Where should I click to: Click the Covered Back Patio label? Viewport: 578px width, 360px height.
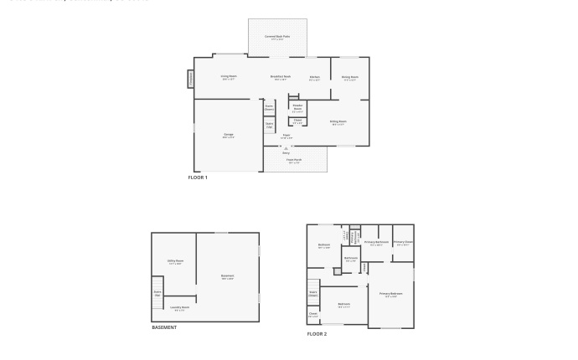[277, 37]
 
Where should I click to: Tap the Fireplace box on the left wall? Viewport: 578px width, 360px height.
[190, 79]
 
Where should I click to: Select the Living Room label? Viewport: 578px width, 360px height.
[229, 77]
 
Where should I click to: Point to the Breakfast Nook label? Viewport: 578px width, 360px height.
[280, 77]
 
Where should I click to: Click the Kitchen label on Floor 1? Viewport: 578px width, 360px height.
[314, 78]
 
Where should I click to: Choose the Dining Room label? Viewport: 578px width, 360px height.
[349, 78]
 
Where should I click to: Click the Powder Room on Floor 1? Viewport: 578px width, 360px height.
[297, 107]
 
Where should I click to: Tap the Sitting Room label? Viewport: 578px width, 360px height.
[338, 122]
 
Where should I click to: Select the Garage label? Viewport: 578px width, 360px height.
[228, 135]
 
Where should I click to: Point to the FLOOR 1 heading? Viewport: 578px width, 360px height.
[198, 177]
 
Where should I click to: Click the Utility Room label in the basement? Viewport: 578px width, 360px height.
[175, 261]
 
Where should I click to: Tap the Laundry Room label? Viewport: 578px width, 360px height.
[179, 308]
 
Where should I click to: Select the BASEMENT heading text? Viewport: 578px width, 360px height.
[164, 327]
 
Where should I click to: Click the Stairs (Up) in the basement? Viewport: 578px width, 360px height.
[157, 294]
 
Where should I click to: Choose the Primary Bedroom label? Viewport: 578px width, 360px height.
[390, 294]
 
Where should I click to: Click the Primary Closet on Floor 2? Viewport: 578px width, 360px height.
[403, 243]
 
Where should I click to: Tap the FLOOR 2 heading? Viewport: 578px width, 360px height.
[317, 334]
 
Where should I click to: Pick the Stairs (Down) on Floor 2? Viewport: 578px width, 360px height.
[312, 293]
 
